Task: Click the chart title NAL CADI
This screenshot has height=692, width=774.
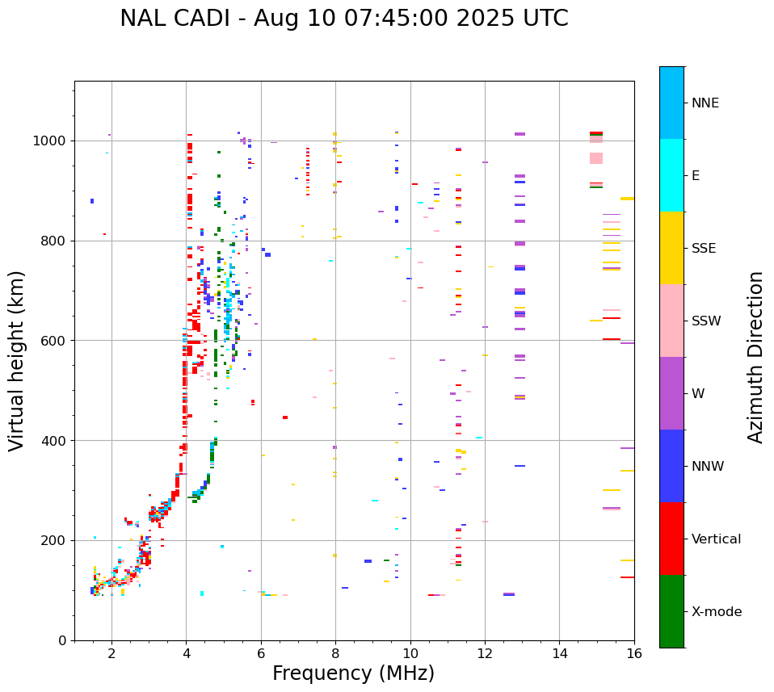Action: [x=343, y=19]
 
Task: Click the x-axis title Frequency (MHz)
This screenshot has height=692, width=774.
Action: [x=353, y=673]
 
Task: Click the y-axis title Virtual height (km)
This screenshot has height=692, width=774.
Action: [x=17, y=360]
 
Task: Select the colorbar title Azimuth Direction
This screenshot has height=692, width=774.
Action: [x=755, y=356]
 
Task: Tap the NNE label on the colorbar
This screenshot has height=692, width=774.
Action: [x=705, y=103]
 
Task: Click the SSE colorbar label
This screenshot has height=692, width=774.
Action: [x=703, y=249]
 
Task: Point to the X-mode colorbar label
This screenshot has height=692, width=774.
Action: [x=716, y=612]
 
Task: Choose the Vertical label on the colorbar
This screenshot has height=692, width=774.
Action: [x=716, y=539]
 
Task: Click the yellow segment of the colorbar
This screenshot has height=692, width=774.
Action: [x=671, y=248]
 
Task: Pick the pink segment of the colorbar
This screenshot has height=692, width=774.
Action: [x=671, y=321]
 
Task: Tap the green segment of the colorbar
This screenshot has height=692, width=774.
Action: [x=671, y=611]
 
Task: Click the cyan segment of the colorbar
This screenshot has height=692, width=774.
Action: [x=671, y=175]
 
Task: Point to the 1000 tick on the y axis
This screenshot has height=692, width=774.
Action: [x=54, y=141]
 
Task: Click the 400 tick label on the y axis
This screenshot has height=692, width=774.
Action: [x=57, y=441]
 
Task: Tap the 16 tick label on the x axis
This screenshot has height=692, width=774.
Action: [x=633, y=653]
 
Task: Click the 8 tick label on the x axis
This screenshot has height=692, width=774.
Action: [x=335, y=653]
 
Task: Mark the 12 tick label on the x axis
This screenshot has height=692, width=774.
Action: [x=485, y=653]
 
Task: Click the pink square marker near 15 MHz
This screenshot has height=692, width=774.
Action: [x=596, y=158]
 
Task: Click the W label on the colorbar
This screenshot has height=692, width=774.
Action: [x=698, y=394]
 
